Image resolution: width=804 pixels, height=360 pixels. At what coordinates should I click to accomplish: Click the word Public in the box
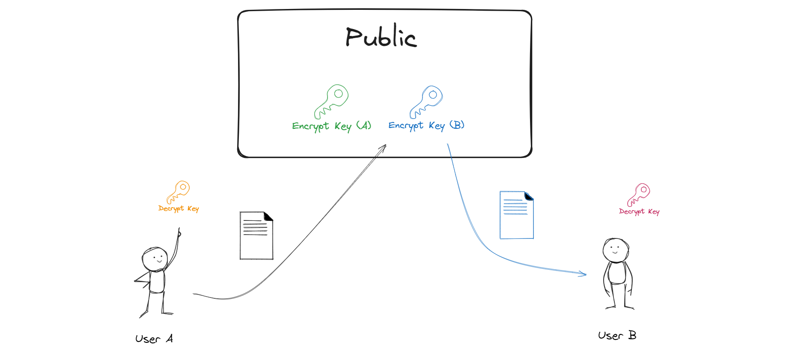pos(381,36)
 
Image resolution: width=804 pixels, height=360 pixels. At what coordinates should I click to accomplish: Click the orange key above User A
pos(178,192)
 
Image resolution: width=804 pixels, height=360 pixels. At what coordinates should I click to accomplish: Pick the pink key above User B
pos(639,194)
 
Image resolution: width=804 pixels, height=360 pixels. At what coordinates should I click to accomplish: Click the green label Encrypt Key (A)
pos(331,126)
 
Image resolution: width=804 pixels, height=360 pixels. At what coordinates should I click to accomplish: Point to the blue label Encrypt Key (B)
pos(426,125)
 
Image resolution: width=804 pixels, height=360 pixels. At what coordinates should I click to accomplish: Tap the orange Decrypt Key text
pos(179,208)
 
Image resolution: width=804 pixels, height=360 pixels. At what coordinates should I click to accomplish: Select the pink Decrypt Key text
pos(639,211)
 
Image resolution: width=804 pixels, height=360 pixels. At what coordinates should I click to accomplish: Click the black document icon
pos(256,235)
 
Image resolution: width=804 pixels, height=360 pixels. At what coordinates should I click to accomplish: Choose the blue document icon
pos(516,215)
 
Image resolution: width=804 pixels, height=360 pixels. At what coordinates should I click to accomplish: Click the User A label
pos(154,339)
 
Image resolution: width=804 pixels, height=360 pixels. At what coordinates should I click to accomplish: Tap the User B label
pos(617,335)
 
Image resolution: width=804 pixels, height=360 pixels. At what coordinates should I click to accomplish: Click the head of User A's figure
pos(155,259)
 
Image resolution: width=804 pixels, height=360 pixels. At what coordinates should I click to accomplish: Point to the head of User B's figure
pos(616,250)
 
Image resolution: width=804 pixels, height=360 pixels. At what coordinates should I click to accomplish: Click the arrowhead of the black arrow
pos(384,146)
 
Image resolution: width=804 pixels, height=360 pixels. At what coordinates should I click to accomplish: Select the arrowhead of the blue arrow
pos(584,274)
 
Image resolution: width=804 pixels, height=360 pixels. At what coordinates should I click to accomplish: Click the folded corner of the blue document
pos(529,196)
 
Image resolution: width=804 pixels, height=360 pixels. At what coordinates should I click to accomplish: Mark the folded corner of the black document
pos(268,217)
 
